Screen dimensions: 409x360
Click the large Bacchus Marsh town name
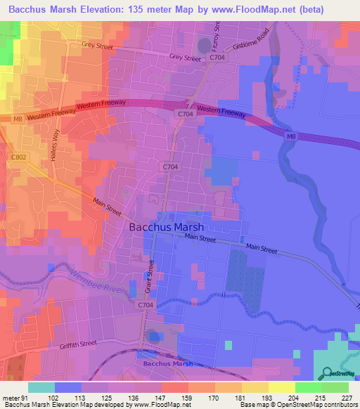[x=167, y=228]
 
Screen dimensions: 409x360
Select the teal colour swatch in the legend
[x=41, y=387]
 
